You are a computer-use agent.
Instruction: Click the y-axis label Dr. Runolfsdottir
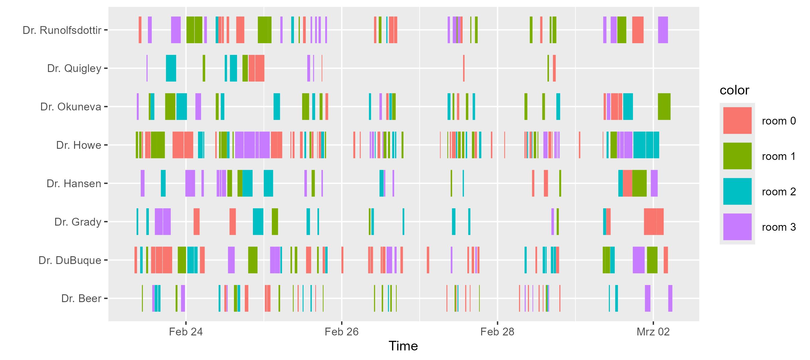tap(62, 30)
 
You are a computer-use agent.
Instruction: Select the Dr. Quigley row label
tap(74, 68)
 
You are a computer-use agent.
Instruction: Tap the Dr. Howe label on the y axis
tap(79, 145)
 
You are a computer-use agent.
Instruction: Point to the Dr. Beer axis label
tap(81, 298)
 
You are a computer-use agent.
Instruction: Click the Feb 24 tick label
tap(186, 332)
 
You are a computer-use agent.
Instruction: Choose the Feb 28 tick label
tap(497, 332)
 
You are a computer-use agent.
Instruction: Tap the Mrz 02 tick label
tap(653, 332)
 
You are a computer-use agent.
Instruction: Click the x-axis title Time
tap(403, 346)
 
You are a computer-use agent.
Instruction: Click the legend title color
tap(734, 91)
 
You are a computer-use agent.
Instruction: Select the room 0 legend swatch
tap(737, 121)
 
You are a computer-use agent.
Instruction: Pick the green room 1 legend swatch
tap(737, 156)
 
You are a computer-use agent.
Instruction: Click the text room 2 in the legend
tap(779, 192)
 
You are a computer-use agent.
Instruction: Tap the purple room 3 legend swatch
tap(737, 227)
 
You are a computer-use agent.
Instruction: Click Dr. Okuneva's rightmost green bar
tap(664, 106)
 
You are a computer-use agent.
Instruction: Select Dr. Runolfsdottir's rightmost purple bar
tap(663, 30)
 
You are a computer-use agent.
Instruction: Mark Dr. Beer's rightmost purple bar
tap(670, 298)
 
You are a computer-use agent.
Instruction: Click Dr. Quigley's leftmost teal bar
tap(171, 68)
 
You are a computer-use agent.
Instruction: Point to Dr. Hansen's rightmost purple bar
tap(654, 183)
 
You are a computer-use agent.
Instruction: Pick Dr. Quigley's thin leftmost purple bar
tap(147, 68)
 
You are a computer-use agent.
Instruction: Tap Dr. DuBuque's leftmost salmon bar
tap(136, 260)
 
